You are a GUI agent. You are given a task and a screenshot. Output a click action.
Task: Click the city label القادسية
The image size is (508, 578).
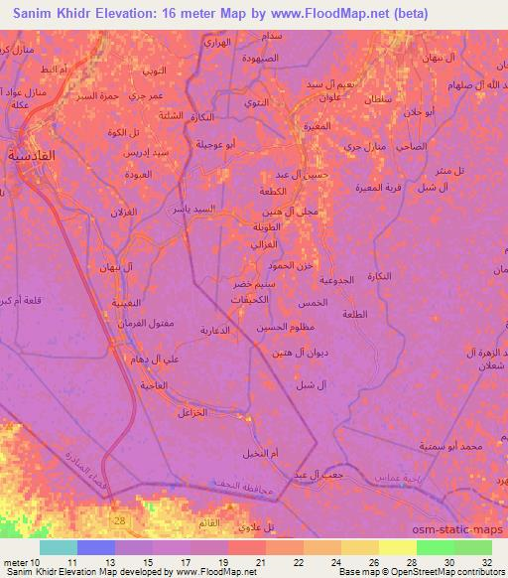pyautogui.click(x=31, y=155)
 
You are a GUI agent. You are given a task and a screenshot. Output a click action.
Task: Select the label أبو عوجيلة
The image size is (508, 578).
pyautogui.click(x=215, y=144)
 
